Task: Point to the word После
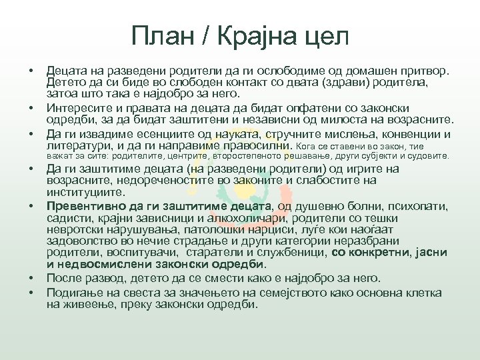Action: coord(65,278)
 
